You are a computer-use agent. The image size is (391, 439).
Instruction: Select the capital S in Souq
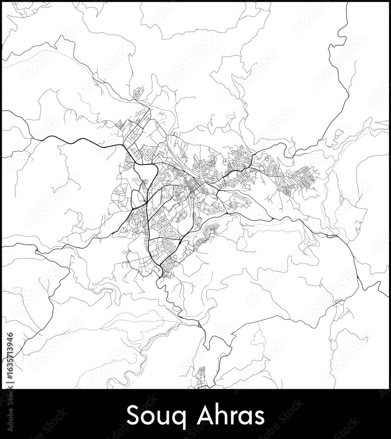132,414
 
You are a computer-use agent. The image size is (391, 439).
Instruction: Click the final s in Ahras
259,416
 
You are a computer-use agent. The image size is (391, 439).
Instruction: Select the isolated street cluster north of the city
138,93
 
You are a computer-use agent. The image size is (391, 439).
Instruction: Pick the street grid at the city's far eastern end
298,180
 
